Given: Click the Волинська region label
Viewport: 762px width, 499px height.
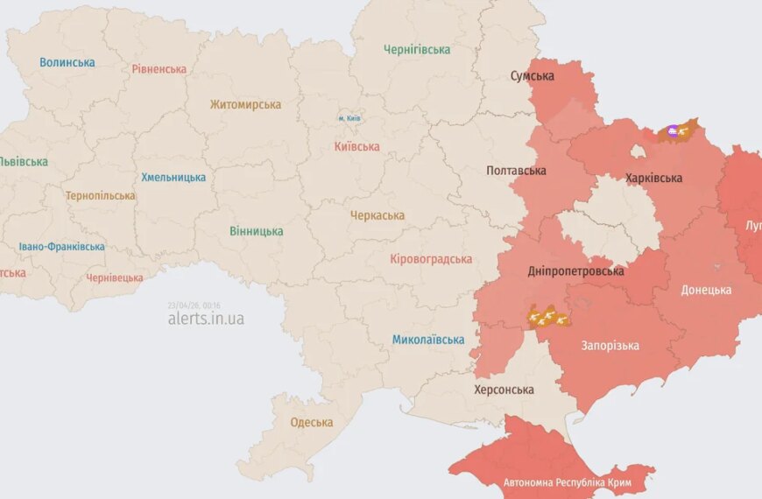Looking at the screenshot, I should (x=67, y=62).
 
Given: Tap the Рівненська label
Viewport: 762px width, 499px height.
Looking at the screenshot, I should (x=159, y=68).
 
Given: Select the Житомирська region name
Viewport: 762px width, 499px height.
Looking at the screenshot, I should (x=245, y=104).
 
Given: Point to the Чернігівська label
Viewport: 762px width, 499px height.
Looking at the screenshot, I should (x=417, y=50).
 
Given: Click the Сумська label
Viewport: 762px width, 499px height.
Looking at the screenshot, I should (x=533, y=76).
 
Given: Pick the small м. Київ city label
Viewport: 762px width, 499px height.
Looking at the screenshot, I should (x=349, y=118).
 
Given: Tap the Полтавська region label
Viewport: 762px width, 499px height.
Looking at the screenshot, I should (x=517, y=171).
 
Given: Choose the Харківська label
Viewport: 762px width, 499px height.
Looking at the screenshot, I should (x=654, y=178).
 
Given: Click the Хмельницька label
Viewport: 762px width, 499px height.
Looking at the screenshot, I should (x=173, y=177).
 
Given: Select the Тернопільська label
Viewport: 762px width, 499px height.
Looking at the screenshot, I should (x=100, y=195).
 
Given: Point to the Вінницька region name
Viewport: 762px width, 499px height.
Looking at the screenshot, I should (x=256, y=231).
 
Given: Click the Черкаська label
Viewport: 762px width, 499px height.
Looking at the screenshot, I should (x=377, y=214).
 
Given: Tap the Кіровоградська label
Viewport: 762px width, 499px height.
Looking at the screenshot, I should (x=431, y=258).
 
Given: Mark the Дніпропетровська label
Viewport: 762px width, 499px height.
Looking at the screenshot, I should (x=576, y=271).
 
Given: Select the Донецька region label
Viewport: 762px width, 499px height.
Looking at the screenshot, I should (x=706, y=290).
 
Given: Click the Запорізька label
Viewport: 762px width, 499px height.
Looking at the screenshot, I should (x=610, y=345).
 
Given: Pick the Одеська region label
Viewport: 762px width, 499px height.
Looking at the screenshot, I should (x=312, y=422).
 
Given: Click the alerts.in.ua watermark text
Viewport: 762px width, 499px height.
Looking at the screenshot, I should (x=206, y=319).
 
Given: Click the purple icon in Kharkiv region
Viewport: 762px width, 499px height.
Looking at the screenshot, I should (x=672, y=131).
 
